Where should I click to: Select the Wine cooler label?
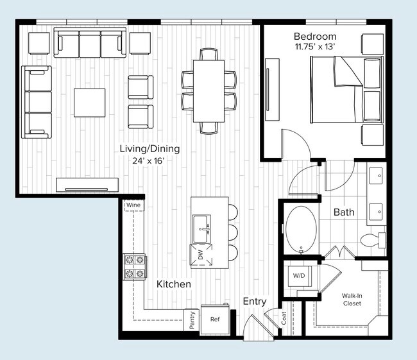pos(133,205)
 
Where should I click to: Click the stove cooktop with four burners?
pos(135,267)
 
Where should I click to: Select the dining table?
pos(209,89)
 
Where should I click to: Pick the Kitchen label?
pos(174,284)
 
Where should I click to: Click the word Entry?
pos(255,302)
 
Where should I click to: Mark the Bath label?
pos(344,212)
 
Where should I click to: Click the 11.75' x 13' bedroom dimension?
pos(316,47)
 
